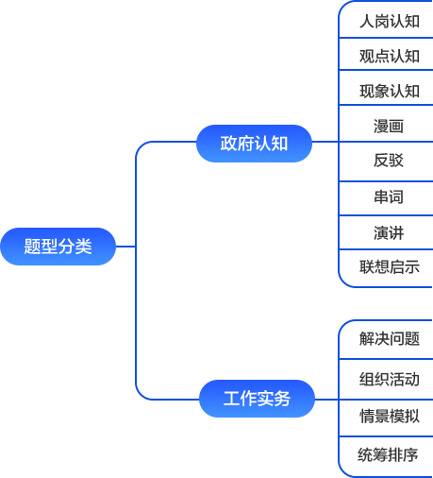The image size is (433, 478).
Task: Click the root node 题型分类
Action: coord(58,247)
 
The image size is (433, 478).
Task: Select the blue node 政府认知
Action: coord(254,144)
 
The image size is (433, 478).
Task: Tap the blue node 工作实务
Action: coord(257,399)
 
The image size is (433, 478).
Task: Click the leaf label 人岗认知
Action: coord(390,22)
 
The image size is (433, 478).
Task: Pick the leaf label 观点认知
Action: coord(390,57)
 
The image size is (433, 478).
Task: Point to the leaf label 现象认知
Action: coord(390,92)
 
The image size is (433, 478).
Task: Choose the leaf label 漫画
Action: coord(389,127)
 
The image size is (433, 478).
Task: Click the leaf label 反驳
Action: coord(389,161)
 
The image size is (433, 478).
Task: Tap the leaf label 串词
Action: coord(389,197)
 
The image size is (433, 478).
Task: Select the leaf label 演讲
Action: coord(389,233)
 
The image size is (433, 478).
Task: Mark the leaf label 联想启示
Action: coord(390,267)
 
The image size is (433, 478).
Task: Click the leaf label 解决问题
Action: coord(390,339)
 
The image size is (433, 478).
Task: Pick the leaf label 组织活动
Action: coord(390,379)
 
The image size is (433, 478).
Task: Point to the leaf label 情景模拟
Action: coord(390,416)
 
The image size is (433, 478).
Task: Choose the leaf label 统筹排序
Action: coord(388,454)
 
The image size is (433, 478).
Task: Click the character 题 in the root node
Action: coord(33,247)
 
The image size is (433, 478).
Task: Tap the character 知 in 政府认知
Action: coord(279,144)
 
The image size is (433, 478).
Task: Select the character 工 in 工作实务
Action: coord(232,399)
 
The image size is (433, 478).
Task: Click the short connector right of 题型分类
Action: coord(125,247)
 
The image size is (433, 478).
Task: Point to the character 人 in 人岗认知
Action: coord(367,22)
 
